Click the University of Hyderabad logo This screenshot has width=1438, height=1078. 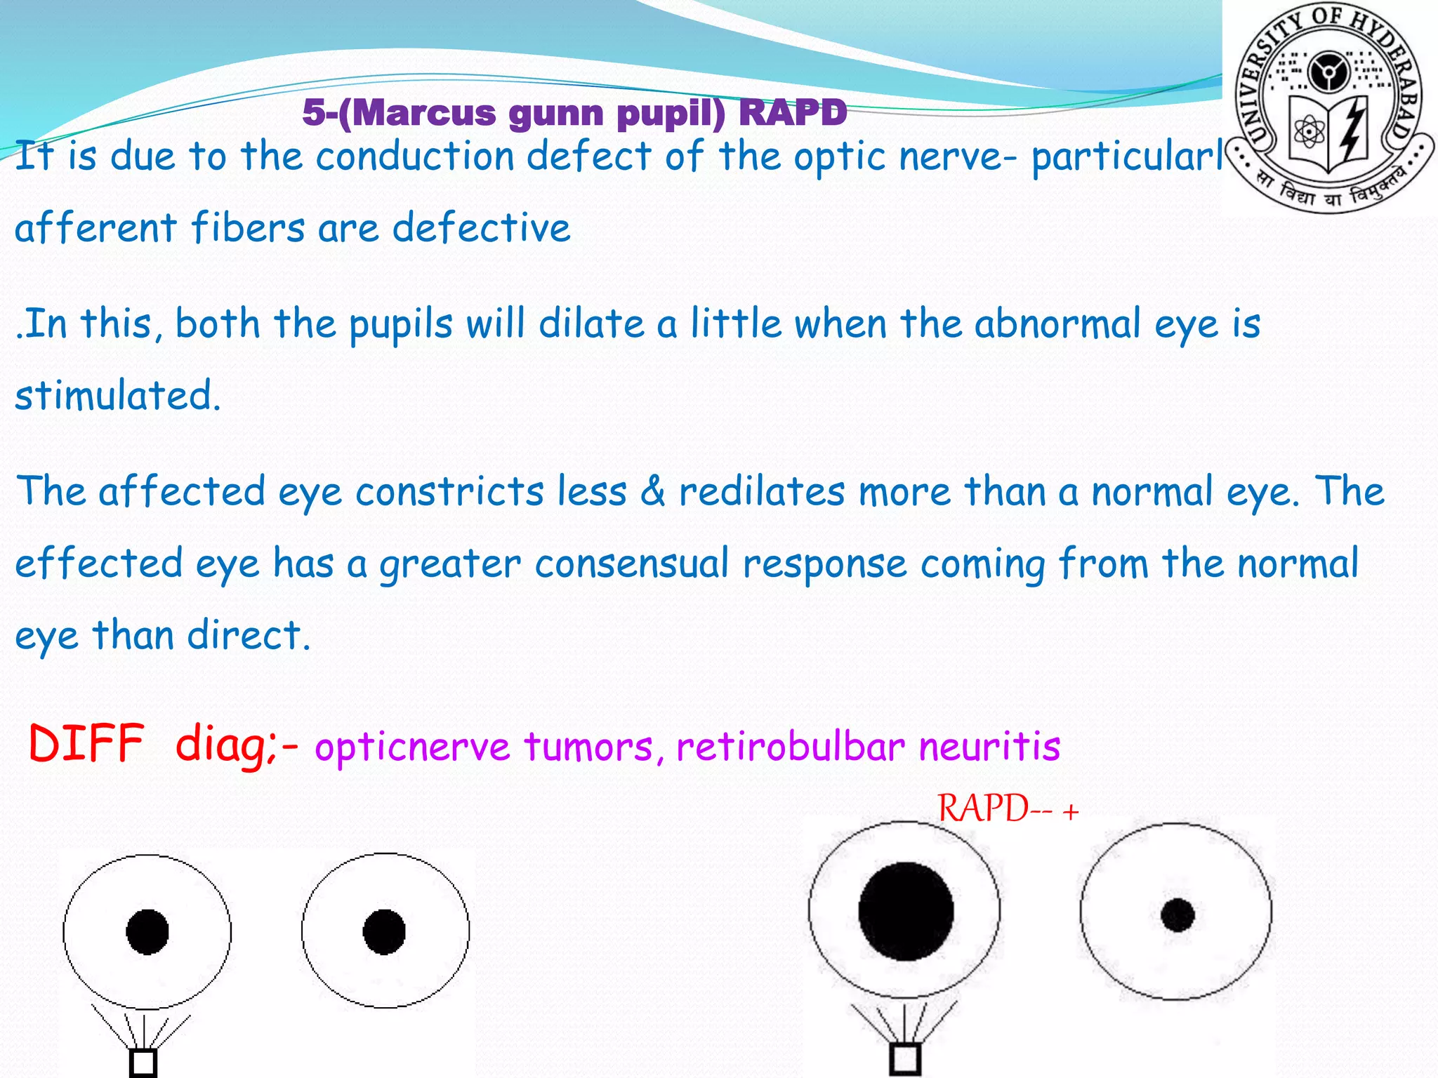(x=1330, y=109)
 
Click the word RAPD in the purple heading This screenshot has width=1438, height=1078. (x=793, y=112)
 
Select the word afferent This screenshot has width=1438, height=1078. (x=95, y=228)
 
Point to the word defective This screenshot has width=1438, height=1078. (x=481, y=228)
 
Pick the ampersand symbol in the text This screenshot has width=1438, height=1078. (x=653, y=491)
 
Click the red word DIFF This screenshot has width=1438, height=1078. (x=86, y=743)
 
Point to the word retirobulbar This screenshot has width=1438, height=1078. (x=790, y=745)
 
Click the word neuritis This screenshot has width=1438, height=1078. (x=989, y=745)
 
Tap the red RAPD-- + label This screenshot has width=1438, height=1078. (x=1008, y=808)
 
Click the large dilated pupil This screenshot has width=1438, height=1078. (x=906, y=911)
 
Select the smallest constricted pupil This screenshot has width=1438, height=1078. (x=1178, y=914)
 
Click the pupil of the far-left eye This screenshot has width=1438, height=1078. (x=147, y=932)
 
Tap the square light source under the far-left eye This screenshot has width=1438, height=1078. (x=143, y=1063)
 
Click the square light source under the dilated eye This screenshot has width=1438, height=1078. (x=905, y=1058)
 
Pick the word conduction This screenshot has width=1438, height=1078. (x=414, y=156)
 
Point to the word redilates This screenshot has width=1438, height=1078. (x=762, y=491)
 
